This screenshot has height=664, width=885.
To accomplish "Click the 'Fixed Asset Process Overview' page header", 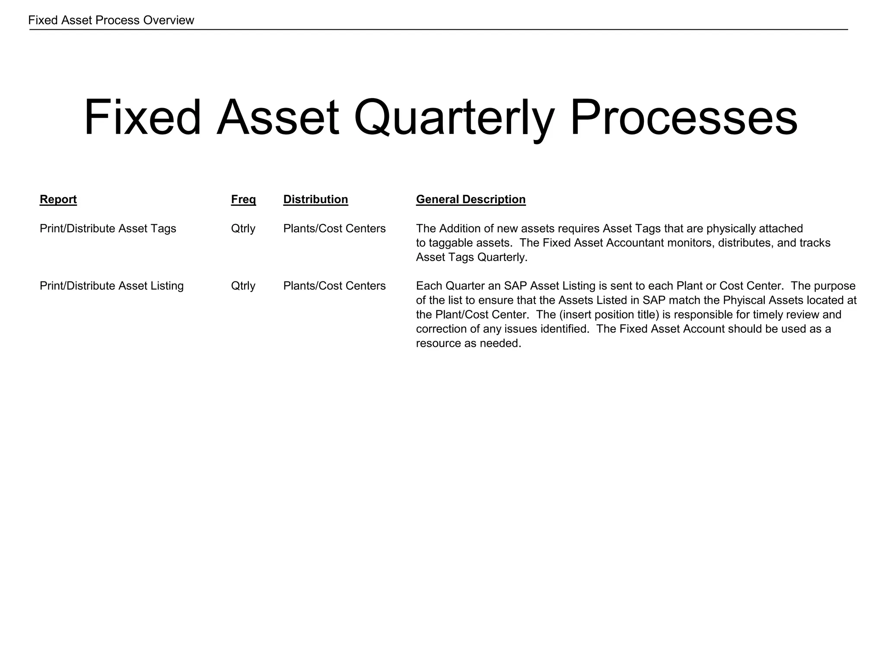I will click(x=111, y=20).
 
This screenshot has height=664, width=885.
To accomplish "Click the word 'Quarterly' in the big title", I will click(x=454, y=118).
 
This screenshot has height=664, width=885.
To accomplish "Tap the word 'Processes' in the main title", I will click(x=684, y=118).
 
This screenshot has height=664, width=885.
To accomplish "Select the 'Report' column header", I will click(x=58, y=199).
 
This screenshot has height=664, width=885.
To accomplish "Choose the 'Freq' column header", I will click(x=243, y=199).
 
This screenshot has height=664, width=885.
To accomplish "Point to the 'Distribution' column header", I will click(x=315, y=199).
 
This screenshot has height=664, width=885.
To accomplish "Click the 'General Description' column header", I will click(x=471, y=199).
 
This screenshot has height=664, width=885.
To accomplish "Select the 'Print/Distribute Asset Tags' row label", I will click(x=108, y=228).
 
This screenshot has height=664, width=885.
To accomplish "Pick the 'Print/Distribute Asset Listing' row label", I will click(x=111, y=286).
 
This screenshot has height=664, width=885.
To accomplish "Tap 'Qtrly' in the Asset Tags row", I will click(x=243, y=228).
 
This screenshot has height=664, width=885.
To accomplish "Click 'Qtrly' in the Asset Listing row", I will click(x=243, y=286).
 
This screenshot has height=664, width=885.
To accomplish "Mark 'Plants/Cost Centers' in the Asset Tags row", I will click(x=334, y=228).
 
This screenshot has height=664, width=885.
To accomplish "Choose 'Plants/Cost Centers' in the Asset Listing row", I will click(x=334, y=286).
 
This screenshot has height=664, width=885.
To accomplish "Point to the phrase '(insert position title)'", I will click(x=608, y=314).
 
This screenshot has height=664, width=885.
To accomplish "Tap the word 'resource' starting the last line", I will click(x=437, y=343).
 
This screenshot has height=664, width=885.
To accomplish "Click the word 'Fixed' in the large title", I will click(x=143, y=118).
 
